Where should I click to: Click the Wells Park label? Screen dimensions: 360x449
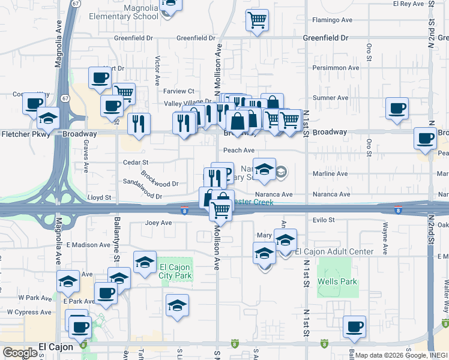tap(337, 281)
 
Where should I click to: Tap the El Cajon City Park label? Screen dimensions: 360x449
tap(175, 271)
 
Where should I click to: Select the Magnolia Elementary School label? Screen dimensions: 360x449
tap(124, 12)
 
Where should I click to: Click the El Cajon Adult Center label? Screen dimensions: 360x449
tap(334, 251)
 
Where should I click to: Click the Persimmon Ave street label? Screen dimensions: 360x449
tap(336, 68)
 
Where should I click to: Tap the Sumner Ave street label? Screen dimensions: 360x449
tap(330, 98)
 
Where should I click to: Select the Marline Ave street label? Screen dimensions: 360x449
tap(331, 174)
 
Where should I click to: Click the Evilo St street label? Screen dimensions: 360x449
tap(323, 220)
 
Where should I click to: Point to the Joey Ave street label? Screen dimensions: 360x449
tap(158, 223)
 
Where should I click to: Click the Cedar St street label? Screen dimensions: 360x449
tap(135, 162)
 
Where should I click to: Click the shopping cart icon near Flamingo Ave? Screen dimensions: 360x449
tap(257, 20)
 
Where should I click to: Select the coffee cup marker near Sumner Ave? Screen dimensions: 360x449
tap(397, 109)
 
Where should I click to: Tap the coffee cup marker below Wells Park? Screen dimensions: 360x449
tap(354, 327)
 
